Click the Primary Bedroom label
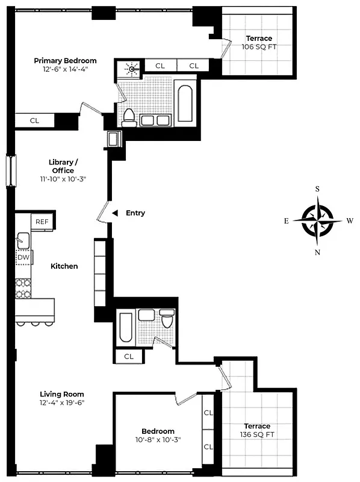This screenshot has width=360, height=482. [x=65, y=61]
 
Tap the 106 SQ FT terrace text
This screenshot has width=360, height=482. [x=259, y=46]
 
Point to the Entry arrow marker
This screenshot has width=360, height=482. [x=115, y=213]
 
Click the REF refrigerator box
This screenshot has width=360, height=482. [x=42, y=222]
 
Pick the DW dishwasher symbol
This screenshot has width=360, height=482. [x=23, y=258]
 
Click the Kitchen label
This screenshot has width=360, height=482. [x=64, y=266]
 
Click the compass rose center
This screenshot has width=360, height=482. [x=318, y=221]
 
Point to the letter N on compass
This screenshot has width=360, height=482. [x=318, y=252]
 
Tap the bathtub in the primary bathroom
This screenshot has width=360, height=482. [x=185, y=101]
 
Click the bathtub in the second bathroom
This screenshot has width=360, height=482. [x=126, y=328]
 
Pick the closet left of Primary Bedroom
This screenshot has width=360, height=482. [x=35, y=120]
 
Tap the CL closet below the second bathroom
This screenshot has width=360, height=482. [x=129, y=356]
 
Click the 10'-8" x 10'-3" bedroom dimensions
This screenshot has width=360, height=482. [x=158, y=439]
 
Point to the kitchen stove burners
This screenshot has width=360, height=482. [x=23, y=287]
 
